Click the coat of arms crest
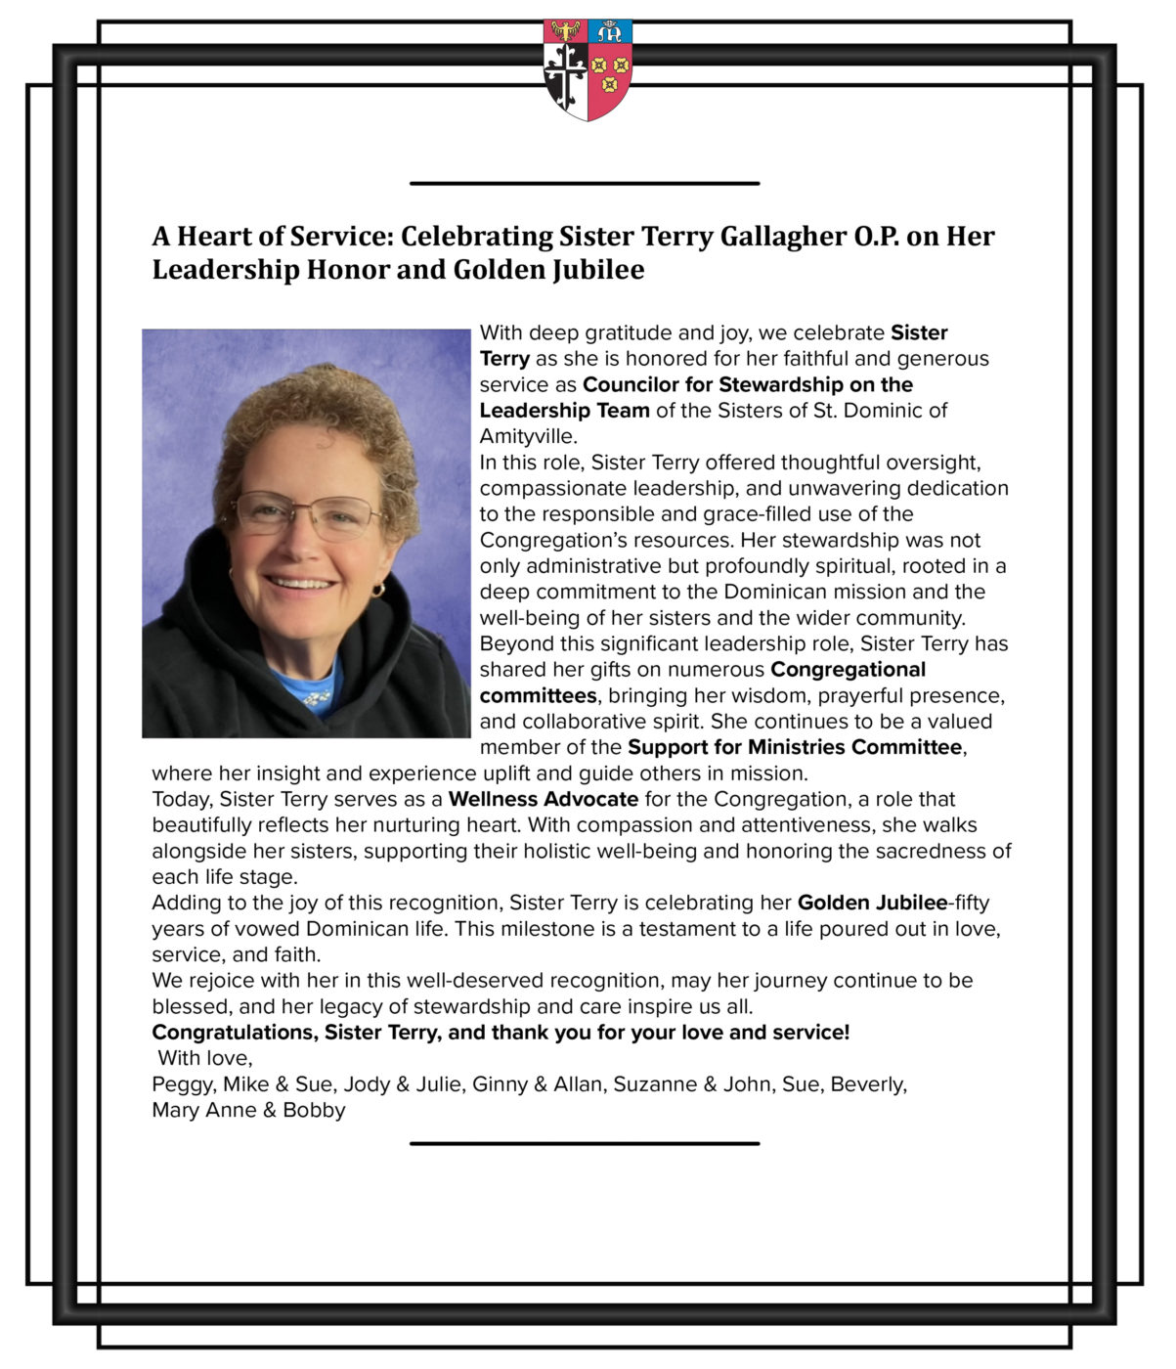coord(588,68)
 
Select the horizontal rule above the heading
coord(585,183)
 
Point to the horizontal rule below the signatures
coord(585,1143)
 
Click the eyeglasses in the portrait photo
coord(306,512)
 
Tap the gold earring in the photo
coord(378,590)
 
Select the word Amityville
coord(528,436)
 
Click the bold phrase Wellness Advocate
coord(544,799)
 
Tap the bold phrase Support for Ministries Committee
coord(795,747)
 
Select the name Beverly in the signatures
coord(867,1084)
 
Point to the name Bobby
coord(314,1111)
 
